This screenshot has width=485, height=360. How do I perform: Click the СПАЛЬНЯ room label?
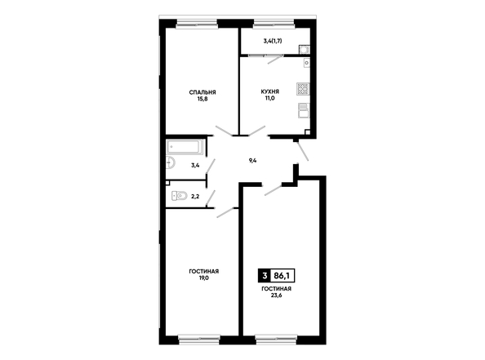pos(202,92)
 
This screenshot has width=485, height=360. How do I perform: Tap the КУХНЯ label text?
pos(270,91)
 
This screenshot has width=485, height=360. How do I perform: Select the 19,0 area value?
pos(204,278)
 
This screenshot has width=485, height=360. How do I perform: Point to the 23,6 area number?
pos(276,295)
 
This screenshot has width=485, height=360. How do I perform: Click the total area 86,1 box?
pos(282,276)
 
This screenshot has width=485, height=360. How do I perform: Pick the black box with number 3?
pos(265,276)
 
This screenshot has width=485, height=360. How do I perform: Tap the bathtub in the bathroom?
pos(185,147)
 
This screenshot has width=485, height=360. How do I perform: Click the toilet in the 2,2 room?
pos(180,195)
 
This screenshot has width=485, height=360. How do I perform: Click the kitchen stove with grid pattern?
pos(303,88)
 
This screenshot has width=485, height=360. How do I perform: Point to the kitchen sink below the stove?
pos(304,111)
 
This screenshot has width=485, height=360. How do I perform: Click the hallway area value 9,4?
pos(253,161)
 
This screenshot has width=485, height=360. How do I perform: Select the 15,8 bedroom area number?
pos(202,99)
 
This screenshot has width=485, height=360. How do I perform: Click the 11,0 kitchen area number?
pos(270,98)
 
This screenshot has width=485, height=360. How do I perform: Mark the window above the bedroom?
pos(197,24)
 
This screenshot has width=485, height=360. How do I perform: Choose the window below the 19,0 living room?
pos(199,340)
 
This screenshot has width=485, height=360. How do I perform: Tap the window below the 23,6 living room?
pos(276,340)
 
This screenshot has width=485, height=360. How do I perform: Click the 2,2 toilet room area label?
pos(195,197)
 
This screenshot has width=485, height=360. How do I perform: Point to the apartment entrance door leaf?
pos(303,151)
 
